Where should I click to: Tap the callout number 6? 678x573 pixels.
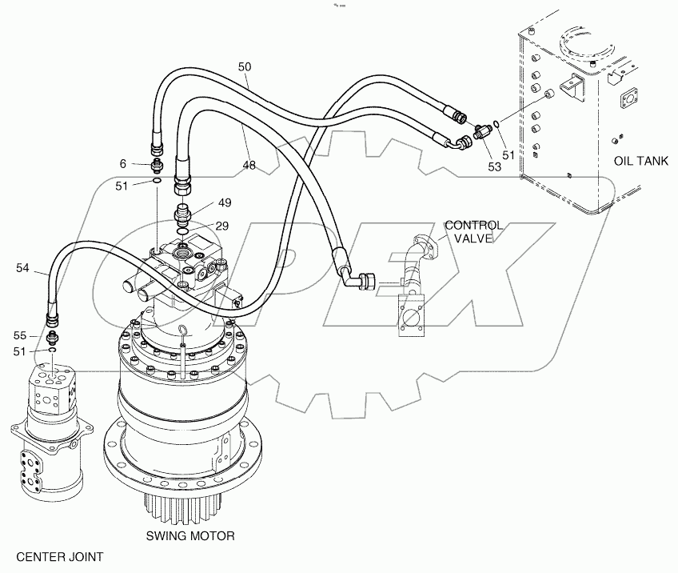click(x=122, y=163)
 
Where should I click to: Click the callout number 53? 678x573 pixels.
click(x=494, y=167)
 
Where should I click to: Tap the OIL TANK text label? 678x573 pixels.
click(x=640, y=161)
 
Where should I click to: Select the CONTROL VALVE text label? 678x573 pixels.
click(x=473, y=232)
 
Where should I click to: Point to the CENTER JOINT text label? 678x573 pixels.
click(x=59, y=555)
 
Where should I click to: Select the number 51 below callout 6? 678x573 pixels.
click(x=122, y=186)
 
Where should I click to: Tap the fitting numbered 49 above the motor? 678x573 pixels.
click(x=182, y=214)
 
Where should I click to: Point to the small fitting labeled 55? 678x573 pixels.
click(x=53, y=336)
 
